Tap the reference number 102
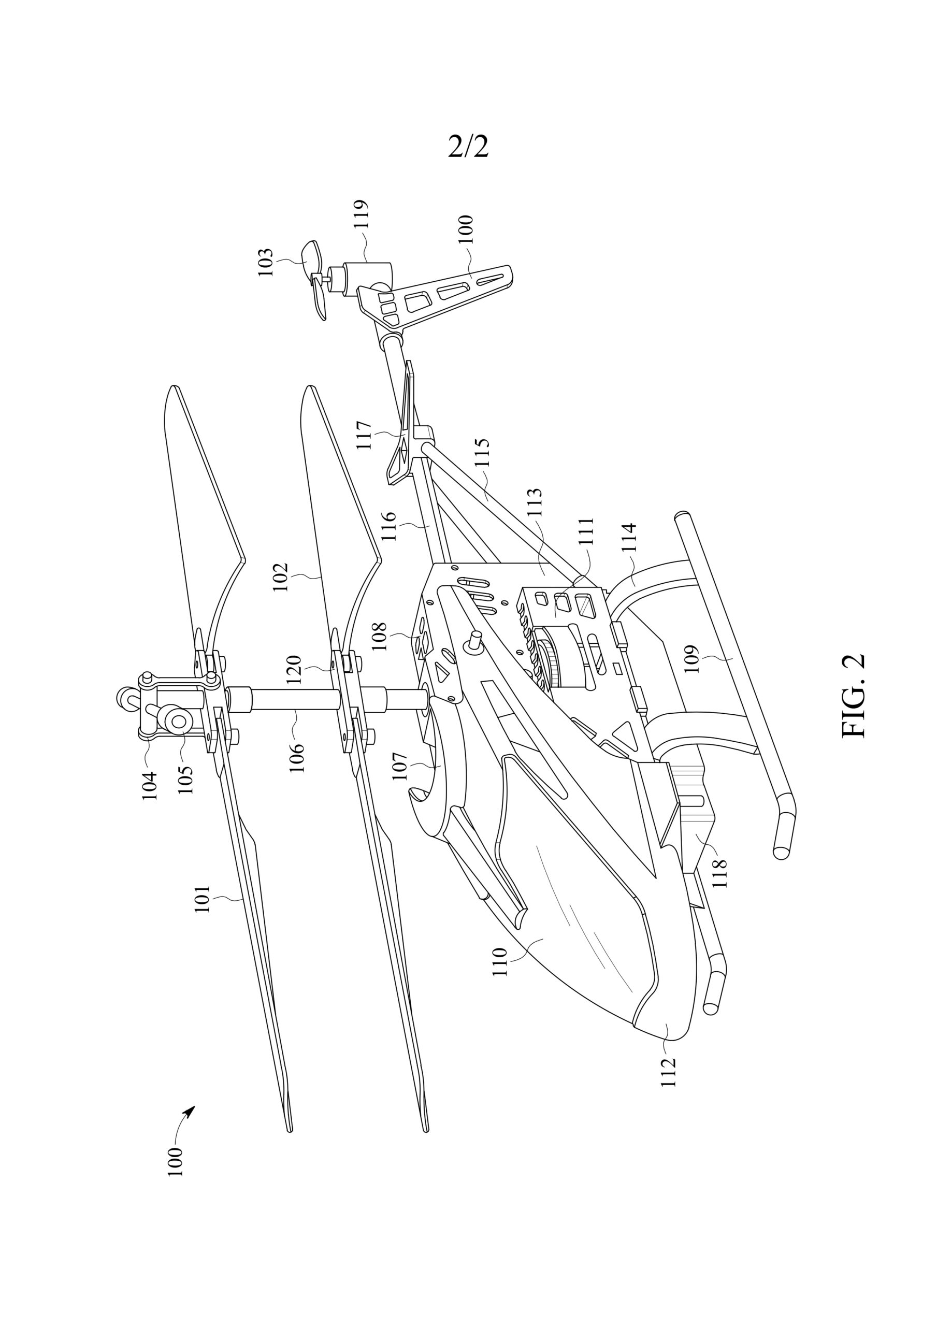pyautogui.click(x=281, y=576)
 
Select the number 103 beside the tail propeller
pyautogui.click(x=265, y=263)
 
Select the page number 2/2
pyautogui.click(x=468, y=147)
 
